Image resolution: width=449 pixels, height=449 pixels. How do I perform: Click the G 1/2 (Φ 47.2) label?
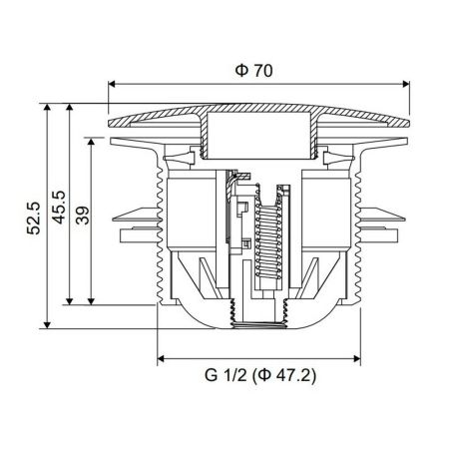(x=260, y=377)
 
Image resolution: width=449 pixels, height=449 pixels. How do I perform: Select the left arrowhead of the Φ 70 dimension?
(x=111, y=86)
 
